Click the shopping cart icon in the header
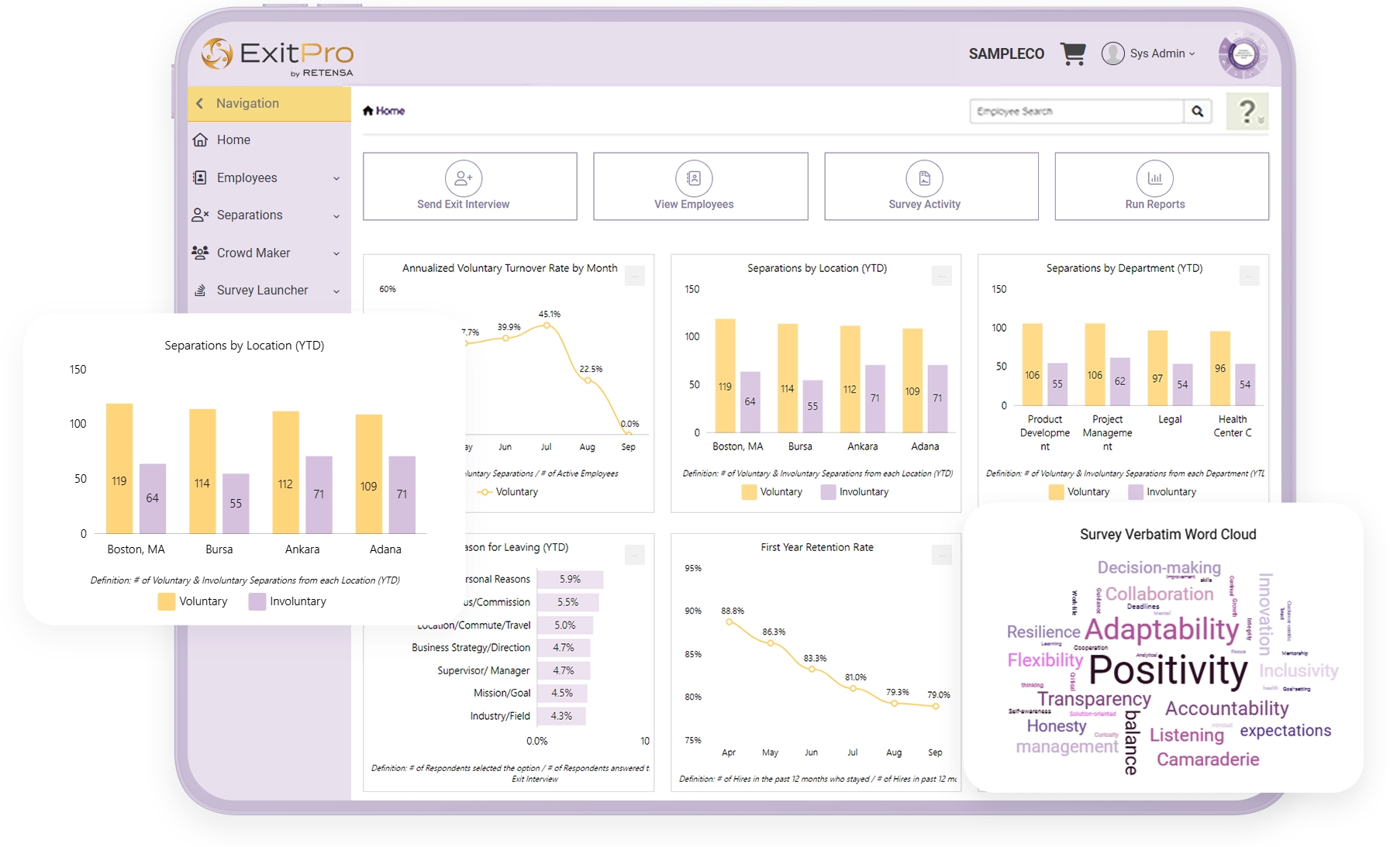point(1073,53)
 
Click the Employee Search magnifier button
point(1197,112)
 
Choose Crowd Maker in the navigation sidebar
point(253,253)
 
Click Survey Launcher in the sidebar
point(262,290)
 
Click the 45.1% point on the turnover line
point(547,325)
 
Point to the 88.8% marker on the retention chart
point(729,621)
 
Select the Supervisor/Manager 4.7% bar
point(563,670)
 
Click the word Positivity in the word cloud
point(1168,670)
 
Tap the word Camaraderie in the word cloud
point(1208,759)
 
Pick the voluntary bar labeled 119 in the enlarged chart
point(119,468)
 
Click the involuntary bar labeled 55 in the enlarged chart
point(236,503)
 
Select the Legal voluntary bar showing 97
point(1157,368)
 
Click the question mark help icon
point(1247,112)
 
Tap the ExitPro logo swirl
point(216,53)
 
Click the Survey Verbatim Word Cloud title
point(1168,534)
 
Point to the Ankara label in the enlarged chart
point(302,549)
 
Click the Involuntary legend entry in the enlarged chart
point(288,601)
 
